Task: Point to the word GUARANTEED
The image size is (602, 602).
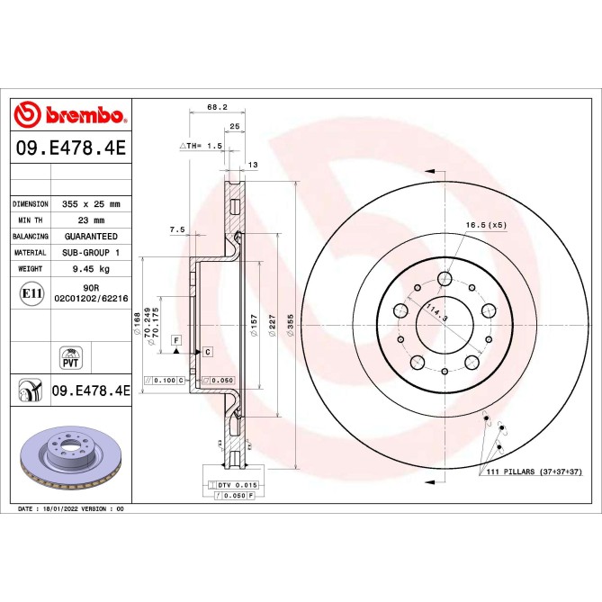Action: click(x=91, y=237)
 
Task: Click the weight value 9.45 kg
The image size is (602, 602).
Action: click(x=91, y=269)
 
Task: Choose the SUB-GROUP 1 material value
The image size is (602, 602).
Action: click(x=91, y=253)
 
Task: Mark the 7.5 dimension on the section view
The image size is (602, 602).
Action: click(x=176, y=230)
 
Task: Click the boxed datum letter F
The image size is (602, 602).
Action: click(x=176, y=340)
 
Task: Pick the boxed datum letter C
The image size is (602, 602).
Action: click(x=207, y=350)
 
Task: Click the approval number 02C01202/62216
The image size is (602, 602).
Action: click(x=91, y=296)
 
